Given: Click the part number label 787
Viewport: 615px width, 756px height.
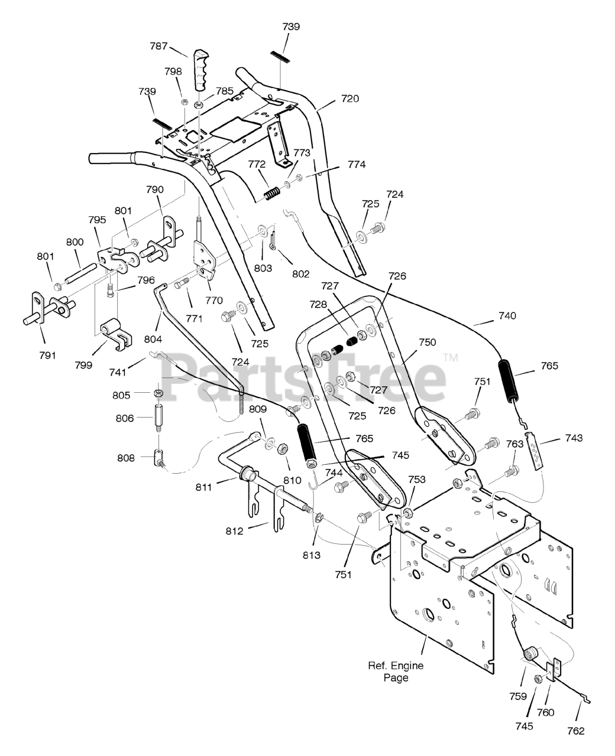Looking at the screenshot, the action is tap(158, 46).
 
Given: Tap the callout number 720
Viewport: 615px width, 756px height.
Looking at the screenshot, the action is tap(350, 99).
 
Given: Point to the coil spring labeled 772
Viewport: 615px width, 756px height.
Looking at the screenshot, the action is tap(273, 194).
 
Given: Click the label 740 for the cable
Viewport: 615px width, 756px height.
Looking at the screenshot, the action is tap(507, 315).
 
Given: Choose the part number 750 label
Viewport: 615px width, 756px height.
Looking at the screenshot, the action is tap(427, 342).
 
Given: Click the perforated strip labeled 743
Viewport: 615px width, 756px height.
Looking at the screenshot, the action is tap(534, 451).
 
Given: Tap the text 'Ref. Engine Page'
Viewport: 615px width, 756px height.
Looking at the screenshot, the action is tap(396, 672).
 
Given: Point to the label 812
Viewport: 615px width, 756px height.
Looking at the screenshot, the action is tap(235, 531).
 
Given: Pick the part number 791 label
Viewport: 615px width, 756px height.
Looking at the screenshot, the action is tap(48, 355).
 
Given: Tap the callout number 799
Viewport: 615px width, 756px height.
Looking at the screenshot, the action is tap(83, 365).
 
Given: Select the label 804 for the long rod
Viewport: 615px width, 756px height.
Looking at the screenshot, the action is tap(153, 339).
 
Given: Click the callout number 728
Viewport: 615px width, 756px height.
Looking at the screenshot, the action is tap(318, 304).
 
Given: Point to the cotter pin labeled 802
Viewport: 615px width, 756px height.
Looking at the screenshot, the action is tap(273, 240).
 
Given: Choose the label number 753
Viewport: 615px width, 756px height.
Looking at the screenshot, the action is tap(417, 480).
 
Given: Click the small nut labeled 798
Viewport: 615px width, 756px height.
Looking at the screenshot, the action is tap(184, 102).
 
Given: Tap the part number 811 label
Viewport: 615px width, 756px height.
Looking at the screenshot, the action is tap(204, 487).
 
